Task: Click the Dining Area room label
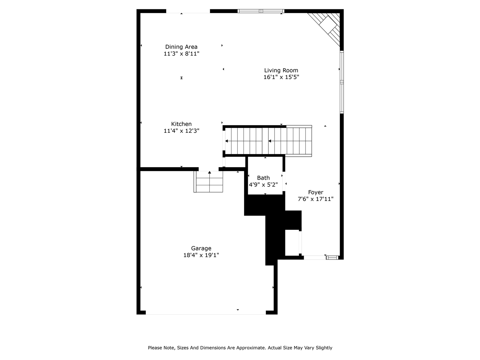(181, 47)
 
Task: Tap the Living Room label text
(281, 70)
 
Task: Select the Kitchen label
(181, 124)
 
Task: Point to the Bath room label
(263, 178)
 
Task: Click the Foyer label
(315, 192)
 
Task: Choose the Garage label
(201, 248)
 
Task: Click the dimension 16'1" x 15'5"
(281, 77)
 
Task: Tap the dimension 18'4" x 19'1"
(201, 255)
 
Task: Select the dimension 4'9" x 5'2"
(263, 184)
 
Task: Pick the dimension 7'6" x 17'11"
(315, 199)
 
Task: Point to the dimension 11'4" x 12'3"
(181, 131)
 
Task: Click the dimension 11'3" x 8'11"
(181, 54)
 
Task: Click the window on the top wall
(261, 11)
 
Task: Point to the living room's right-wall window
(342, 82)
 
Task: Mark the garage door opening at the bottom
(205, 312)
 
